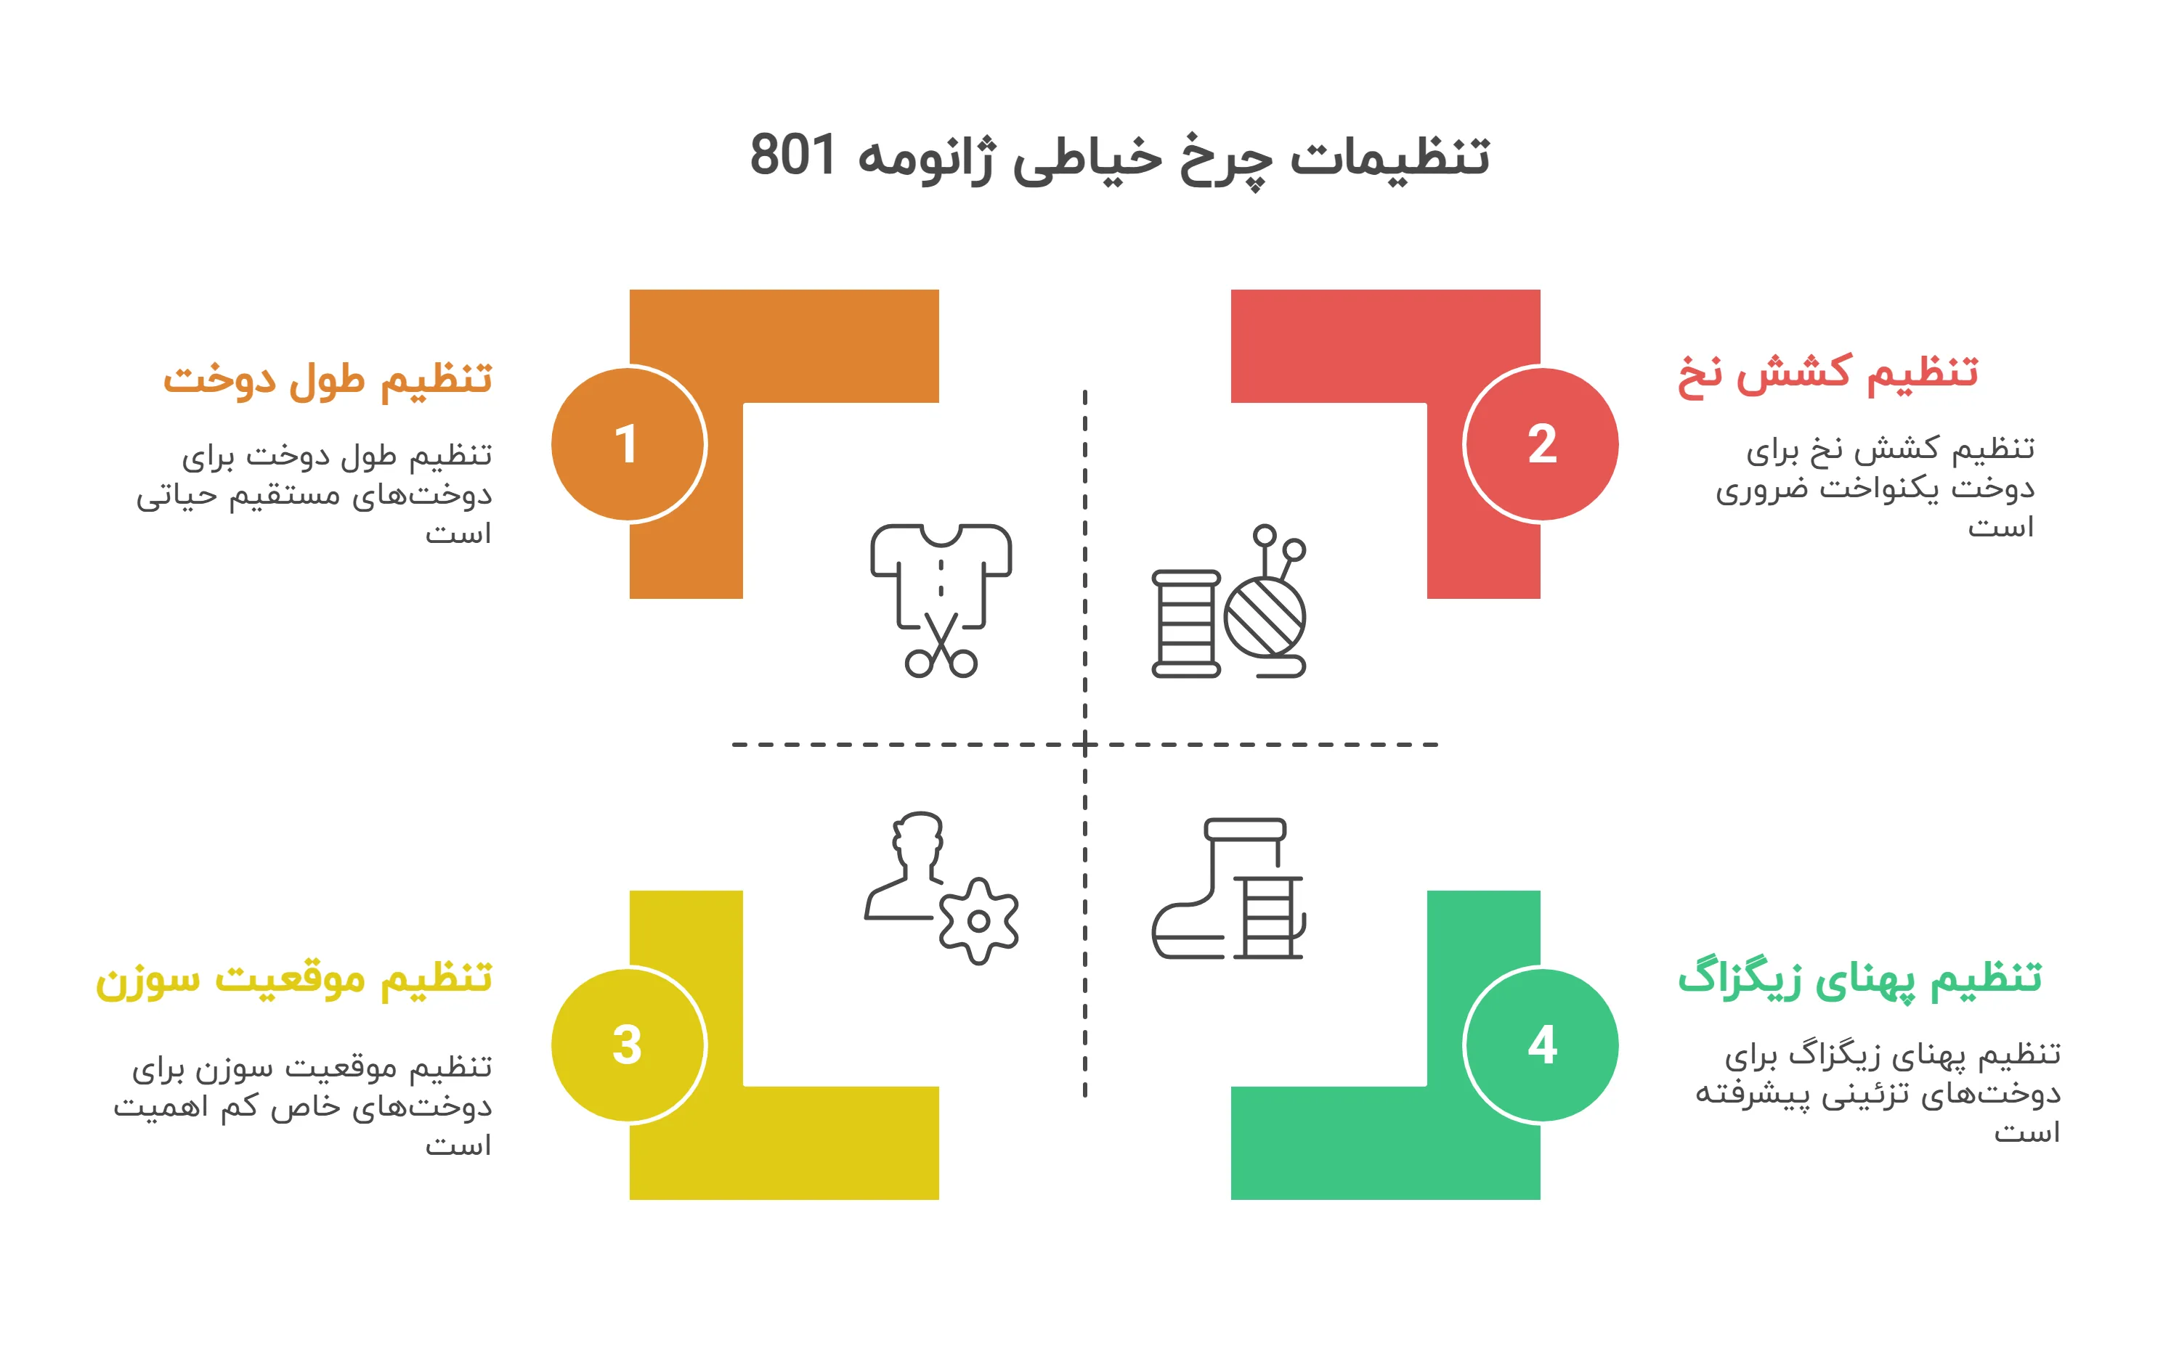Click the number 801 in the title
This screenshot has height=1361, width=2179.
(x=793, y=155)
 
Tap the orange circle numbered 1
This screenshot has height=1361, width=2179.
(x=628, y=444)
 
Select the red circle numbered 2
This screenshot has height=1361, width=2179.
(x=1541, y=444)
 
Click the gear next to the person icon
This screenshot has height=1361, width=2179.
(x=979, y=921)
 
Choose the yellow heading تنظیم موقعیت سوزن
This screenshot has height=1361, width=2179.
(x=294, y=979)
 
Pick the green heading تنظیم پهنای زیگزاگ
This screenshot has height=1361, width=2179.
(x=1859, y=979)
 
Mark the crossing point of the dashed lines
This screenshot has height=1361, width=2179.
(x=1085, y=745)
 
